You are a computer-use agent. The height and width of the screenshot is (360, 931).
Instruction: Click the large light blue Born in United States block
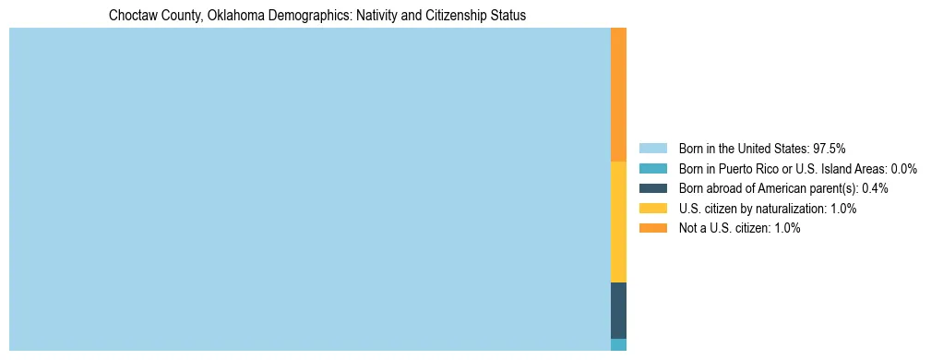pos(309,189)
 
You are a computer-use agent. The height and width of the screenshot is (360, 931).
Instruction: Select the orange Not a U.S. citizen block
pos(618,94)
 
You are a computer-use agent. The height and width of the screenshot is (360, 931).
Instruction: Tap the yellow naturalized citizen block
pos(618,222)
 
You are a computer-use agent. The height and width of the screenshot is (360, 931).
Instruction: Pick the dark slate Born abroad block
pos(618,310)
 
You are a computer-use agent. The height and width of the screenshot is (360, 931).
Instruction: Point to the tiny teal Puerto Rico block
pos(618,344)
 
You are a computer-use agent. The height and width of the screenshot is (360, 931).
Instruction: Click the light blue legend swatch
pos(652,149)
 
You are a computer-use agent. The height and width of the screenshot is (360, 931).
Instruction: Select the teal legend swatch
pos(652,169)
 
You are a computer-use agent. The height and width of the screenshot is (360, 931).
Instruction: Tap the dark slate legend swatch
pos(652,188)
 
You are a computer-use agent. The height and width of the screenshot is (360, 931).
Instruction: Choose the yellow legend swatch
pos(652,209)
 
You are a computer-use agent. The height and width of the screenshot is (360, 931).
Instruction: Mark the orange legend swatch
pos(652,228)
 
